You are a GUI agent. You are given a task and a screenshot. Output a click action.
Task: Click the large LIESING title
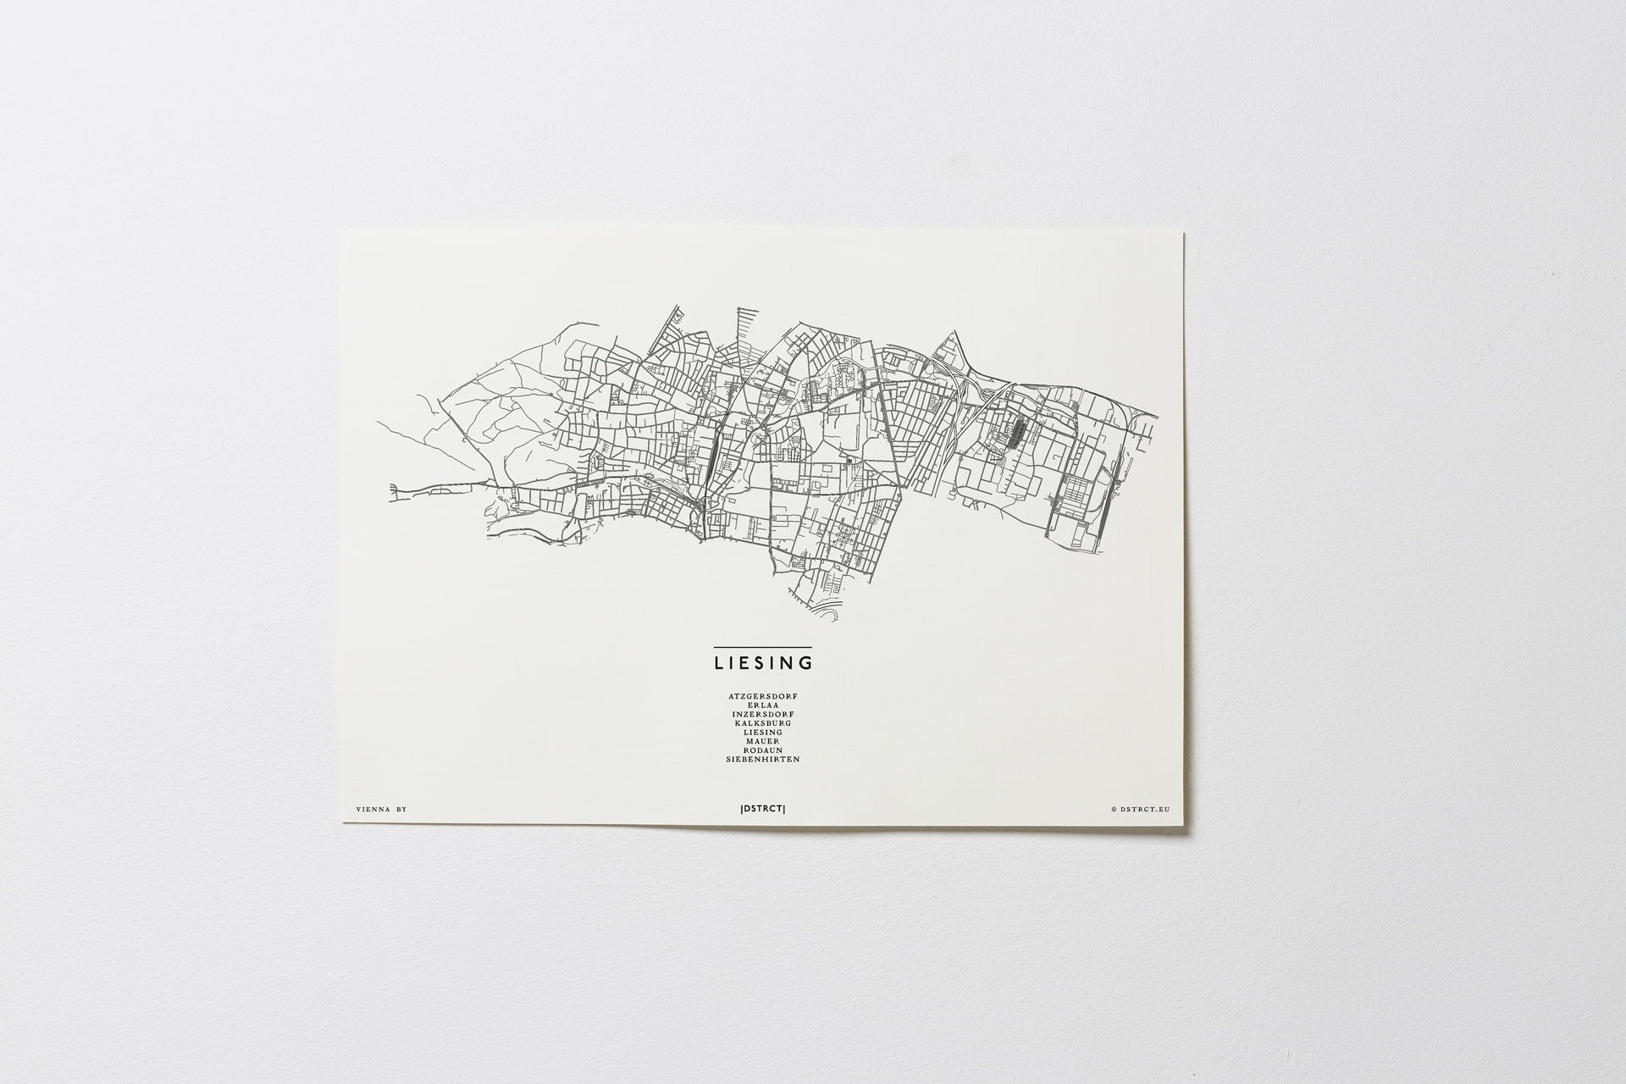[x=763, y=661]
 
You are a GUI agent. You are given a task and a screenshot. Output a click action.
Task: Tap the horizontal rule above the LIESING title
[x=763, y=648]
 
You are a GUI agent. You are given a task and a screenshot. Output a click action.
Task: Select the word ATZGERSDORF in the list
[x=762, y=696]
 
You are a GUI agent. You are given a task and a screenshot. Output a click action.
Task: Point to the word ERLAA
[x=763, y=705]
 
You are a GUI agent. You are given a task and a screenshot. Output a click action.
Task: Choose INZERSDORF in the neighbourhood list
[x=762, y=714]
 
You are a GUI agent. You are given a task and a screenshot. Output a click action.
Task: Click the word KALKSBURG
[x=762, y=723]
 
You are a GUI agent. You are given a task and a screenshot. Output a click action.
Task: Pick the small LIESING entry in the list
[x=763, y=733]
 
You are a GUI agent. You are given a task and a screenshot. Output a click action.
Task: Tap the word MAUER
[x=763, y=741]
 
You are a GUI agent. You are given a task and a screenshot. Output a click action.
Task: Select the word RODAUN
[x=763, y=750]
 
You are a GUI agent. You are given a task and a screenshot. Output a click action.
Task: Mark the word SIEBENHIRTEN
[x=762, y=760]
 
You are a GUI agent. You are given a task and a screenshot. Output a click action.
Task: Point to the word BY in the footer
[x=401, y=810]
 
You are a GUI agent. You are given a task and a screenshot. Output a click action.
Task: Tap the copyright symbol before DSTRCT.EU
[x=1114, y=810]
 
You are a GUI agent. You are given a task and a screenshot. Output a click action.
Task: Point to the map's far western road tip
[x=391, y=488]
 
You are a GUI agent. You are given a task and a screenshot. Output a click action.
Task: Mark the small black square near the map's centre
[x=846, y=461]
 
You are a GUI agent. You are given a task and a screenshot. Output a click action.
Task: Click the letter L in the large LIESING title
[x=719, y=661]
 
